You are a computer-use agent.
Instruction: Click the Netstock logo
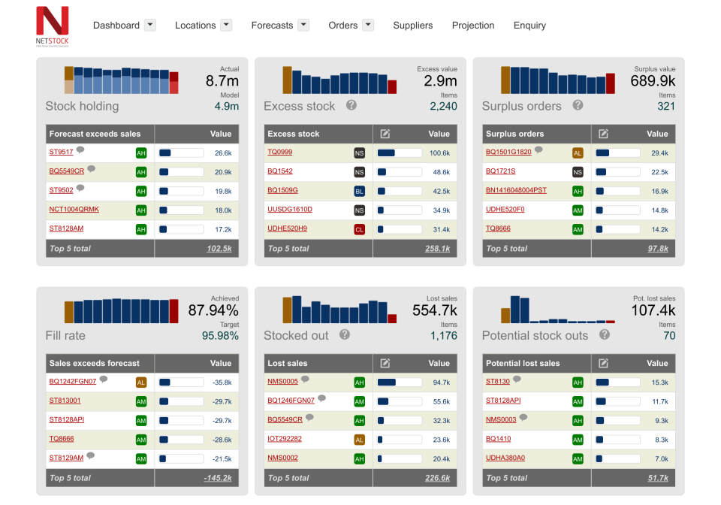tap(52, 26)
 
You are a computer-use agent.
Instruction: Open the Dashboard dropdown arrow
tap(150, 25)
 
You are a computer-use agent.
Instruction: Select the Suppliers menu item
tap(412, 26)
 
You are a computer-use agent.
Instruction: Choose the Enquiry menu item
tap(529, 26)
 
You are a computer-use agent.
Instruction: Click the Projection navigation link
tap(473, 26)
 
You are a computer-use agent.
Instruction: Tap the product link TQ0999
tap(280, 152)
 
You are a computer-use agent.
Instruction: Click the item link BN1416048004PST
tap(516, 190)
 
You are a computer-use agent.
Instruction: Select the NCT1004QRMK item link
tap(74, 209)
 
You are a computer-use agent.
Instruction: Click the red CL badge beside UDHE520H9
tap(359, 229)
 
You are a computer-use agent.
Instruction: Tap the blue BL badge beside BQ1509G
tap(359, 191)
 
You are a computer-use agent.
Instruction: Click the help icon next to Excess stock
tap(351, 105)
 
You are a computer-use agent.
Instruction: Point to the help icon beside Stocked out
tap(345, 334)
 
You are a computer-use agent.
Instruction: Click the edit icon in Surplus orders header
tap(603, 134)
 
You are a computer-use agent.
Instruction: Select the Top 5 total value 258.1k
tap(437, 249)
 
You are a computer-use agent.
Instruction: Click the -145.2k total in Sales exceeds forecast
tap(218, 478)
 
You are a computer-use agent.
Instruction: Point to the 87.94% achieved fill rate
tap(213, 310)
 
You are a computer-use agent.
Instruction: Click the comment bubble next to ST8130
tap(517, 380)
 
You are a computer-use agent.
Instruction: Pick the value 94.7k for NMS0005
tap(441, 383)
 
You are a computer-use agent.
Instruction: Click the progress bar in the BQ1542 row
tap(400, 172)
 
